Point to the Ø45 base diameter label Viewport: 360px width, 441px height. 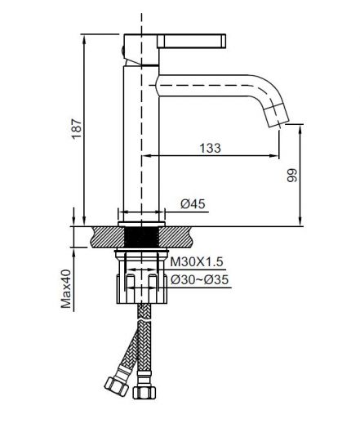pos(189,204)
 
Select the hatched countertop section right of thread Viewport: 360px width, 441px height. pos(181,237)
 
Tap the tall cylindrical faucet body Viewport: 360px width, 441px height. pos(139,147)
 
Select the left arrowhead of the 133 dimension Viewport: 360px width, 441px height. pos(147,156)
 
